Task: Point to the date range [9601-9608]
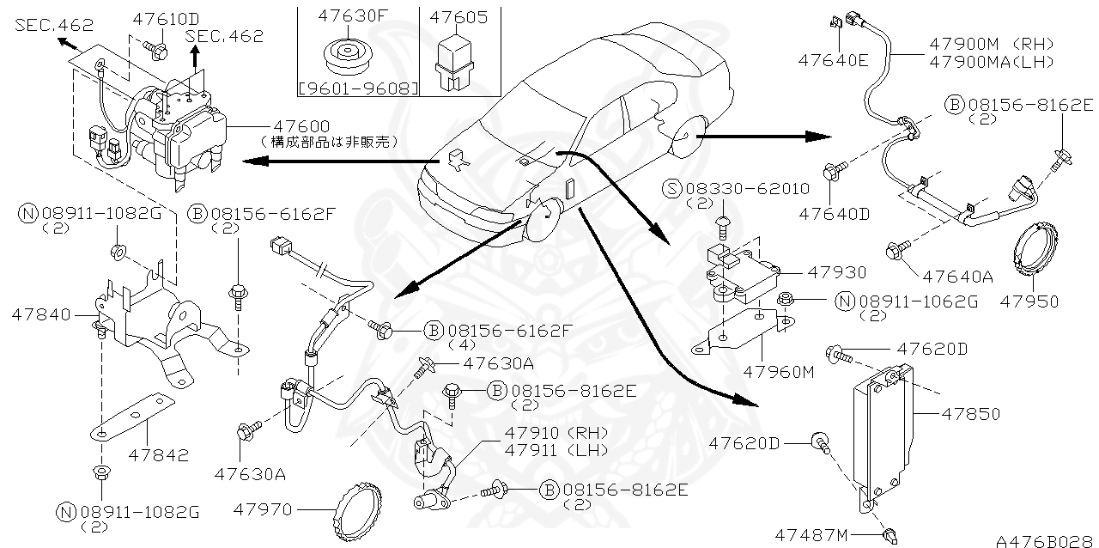click(x=357, y=88)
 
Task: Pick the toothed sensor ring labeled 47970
click(x=355, y=509)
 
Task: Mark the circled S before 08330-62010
click(x=673, y=188)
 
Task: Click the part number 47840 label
click(x=41, y=315)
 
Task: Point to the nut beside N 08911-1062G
click(x=784, y=299)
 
